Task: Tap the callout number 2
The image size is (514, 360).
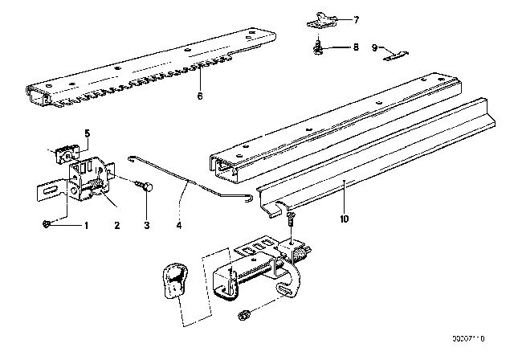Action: [117, 227]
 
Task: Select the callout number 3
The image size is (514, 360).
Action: [147, 227]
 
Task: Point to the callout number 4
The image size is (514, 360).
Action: [180, 227]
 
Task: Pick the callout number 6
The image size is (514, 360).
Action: [200, 97]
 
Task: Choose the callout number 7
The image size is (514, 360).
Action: [357, 18]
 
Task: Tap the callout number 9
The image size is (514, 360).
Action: [374, 47]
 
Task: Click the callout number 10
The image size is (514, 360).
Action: [345, 219]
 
